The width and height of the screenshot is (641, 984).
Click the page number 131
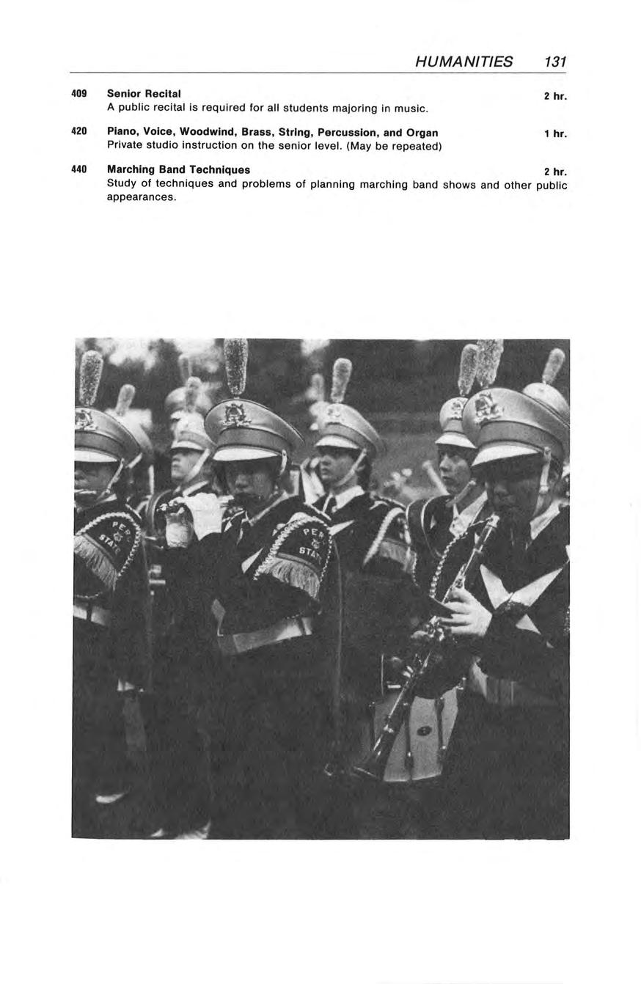(555, 62)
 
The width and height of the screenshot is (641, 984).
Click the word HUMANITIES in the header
(464, 62)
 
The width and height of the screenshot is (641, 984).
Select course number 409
(79, 94)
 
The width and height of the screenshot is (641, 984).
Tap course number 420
(79, 132)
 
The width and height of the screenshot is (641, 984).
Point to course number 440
(79, 169)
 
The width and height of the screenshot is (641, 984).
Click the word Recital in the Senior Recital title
(162, 94)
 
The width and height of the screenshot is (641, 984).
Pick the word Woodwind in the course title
(206, 133)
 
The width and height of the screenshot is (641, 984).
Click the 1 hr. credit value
(555, 134)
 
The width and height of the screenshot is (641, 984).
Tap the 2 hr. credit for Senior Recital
(555, 96)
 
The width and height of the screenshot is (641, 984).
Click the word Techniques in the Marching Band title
(219, 169)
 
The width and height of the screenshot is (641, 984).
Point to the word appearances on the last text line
(142, 197)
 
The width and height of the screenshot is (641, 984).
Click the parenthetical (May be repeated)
(394, 146)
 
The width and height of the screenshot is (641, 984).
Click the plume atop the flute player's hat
(235, 366)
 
